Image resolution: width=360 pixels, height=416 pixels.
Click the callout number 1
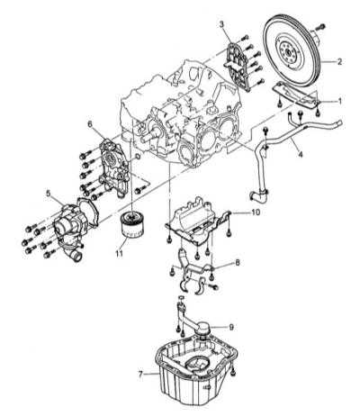coord(339,101)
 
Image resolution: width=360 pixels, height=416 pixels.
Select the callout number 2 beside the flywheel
coord(339,61)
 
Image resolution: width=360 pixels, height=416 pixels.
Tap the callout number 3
coord(221,24)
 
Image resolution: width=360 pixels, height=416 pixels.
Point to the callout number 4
coord(301,155)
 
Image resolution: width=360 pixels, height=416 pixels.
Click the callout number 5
coord(49,194)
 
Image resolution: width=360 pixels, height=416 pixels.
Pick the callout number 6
coord(90,123)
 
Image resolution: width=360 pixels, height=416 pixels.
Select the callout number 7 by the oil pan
coord(140,374)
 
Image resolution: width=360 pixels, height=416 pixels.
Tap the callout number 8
coord(238,263)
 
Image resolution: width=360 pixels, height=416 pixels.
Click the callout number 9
coord(231,327)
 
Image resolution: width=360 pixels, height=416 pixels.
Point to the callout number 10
coord(256,213)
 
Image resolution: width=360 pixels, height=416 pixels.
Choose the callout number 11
coord(119,254)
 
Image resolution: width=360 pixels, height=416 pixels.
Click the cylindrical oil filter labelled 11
coord(132,224)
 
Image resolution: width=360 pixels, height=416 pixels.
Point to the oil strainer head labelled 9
coord(203,328)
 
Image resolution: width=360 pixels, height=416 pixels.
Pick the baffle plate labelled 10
coord(198,221)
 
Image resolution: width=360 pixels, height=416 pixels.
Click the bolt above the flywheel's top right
coord(320,26)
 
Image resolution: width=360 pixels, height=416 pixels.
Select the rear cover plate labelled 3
coord(237,67)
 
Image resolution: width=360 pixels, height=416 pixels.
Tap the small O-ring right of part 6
coord(137,157)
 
